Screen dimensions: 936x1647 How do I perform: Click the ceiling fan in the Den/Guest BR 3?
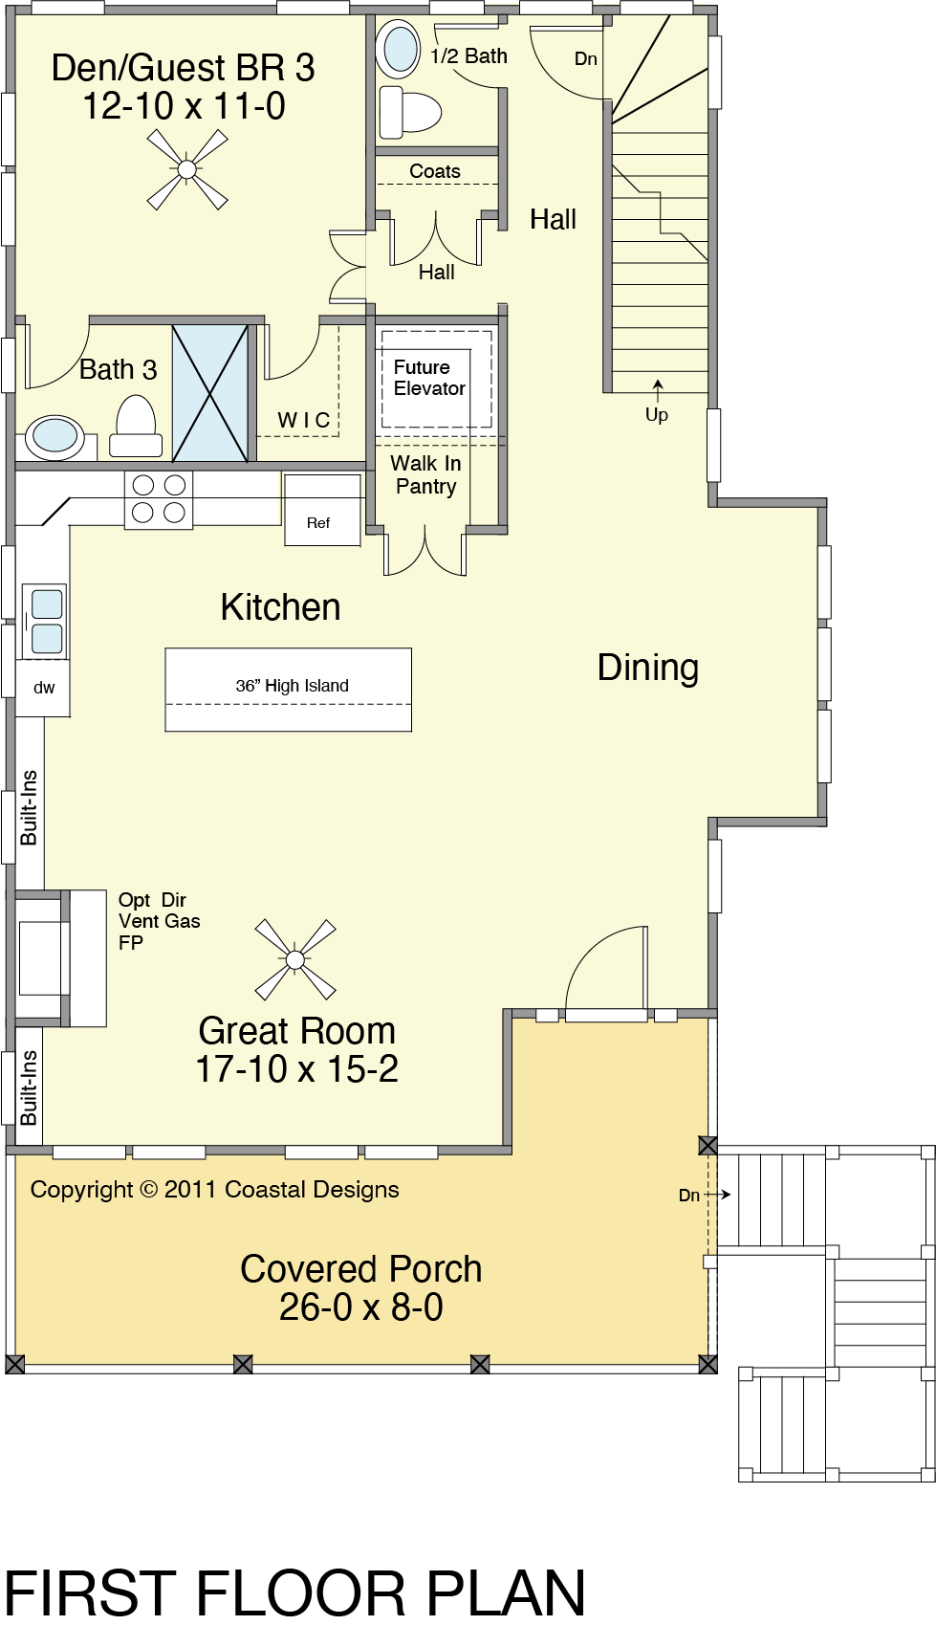pos(187,170)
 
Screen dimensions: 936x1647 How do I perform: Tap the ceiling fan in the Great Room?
pos(295,959)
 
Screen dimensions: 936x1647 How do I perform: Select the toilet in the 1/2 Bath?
pos(409,112)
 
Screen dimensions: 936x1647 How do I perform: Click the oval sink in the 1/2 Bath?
pos(398,50)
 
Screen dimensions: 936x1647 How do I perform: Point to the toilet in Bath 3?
pos(136,427)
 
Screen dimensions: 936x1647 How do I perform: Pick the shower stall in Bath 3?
pos(210,393)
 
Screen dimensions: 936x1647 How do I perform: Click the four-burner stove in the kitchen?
pos(159,499)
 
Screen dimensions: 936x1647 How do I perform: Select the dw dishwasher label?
pos(44,688)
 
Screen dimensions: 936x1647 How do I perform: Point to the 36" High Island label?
pos(293,686)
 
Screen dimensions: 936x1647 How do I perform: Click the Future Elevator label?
pos(429,378)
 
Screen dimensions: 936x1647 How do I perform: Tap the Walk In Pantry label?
pos(426,474)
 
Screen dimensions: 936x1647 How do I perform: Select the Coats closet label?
pos(435,171)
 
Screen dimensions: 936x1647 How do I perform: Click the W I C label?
pos(304,420)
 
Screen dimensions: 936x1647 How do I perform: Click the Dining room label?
pos(648,668)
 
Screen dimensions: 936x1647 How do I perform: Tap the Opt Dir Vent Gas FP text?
pos(160,921)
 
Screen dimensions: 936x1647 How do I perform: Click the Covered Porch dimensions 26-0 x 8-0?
pos(361,1307)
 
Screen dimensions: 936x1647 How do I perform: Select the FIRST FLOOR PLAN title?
pos(295,1594)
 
